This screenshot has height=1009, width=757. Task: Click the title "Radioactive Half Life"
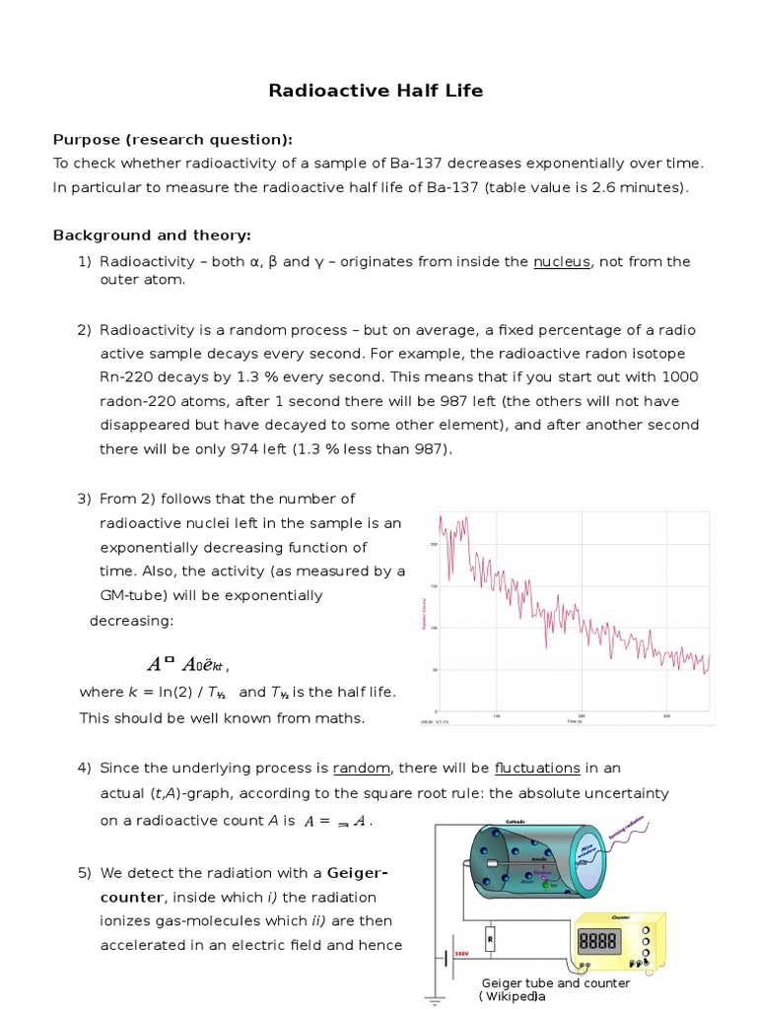377,91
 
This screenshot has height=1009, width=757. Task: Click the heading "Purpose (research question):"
172,139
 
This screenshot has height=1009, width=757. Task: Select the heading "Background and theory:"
152,235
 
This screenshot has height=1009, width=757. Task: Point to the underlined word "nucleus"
560,262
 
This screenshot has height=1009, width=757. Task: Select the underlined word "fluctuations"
537,769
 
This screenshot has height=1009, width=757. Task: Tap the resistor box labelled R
490,940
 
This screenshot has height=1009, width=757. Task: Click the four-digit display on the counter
598,942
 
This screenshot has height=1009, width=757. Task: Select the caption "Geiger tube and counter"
555,983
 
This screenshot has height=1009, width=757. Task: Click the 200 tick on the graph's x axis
582,716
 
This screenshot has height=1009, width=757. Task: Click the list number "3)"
85,499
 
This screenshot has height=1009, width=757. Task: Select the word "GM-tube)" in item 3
132,595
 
